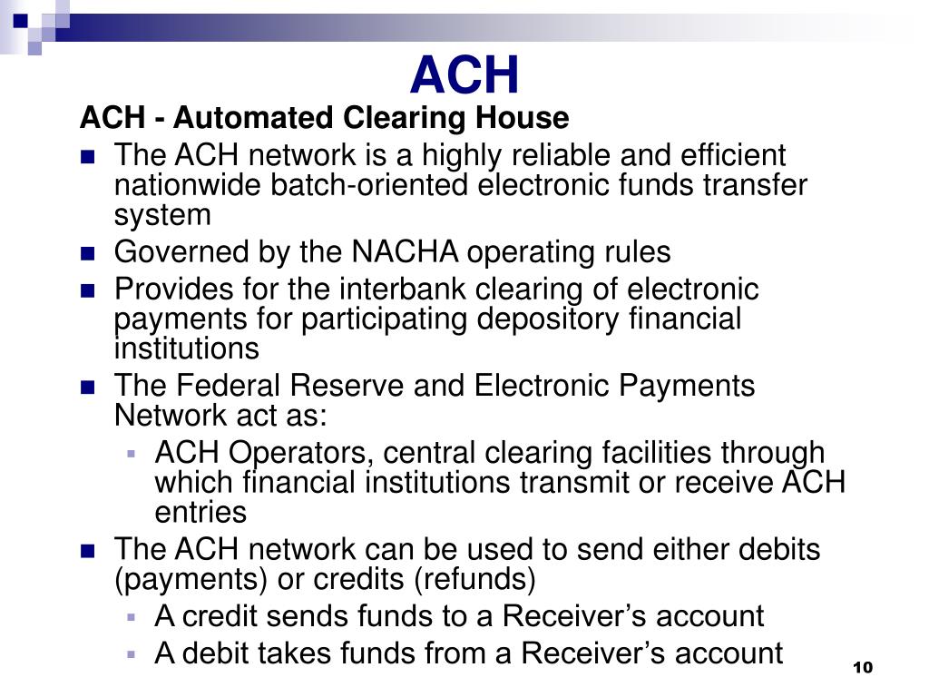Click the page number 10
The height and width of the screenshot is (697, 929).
click(862, 668)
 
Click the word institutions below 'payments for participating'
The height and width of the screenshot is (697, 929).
click(186, 348)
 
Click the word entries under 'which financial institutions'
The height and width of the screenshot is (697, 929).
click(200, 512)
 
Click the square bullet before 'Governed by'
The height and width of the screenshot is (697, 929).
click(88, 252)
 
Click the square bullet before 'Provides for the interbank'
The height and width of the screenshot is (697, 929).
click(88, 290)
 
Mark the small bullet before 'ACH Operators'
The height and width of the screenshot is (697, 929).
click(132, 452)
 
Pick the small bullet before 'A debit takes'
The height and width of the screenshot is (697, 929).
click(132, 653)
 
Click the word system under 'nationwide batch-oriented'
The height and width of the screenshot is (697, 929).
click(162, 216)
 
